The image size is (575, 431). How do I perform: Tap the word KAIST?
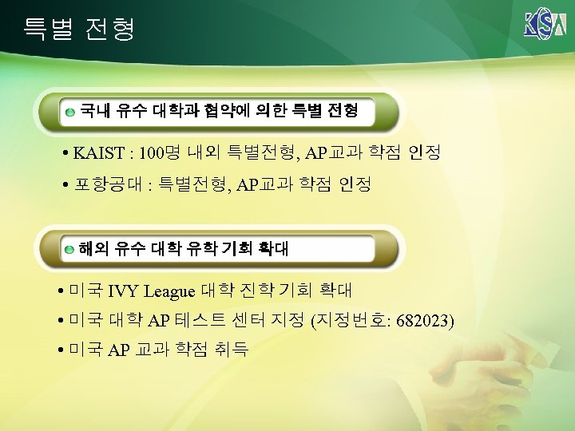tap(98, 152)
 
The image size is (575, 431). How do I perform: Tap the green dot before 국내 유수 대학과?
tap(71, 111)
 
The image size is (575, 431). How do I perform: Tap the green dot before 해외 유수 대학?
tap(70, 250)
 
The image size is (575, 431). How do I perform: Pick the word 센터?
tap(254, 321)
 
